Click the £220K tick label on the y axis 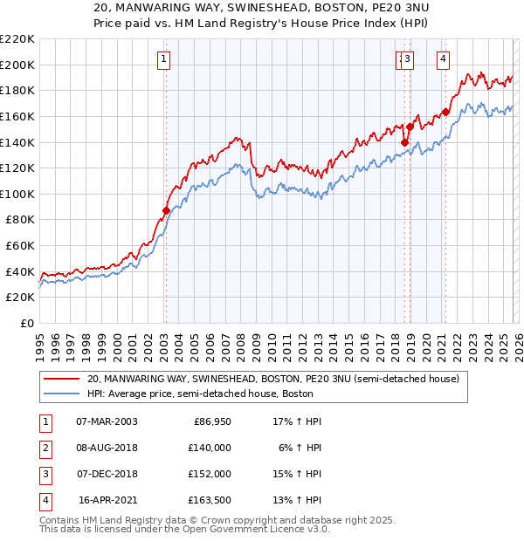tap(17, 39)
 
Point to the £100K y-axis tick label tap(17, 194)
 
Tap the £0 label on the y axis tap(26, 323)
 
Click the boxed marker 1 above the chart tap(164, 59)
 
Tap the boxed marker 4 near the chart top tap(444, 59)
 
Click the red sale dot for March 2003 tap(166, 210)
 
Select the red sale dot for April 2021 tap(445, 112)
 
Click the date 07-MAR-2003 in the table tap(107, 421)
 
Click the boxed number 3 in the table tap(44, 474)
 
